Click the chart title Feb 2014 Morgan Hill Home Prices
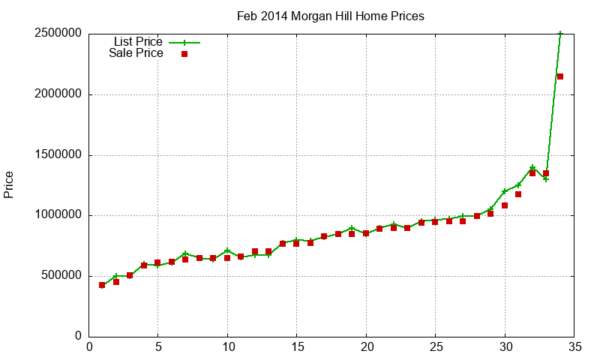point(330,16)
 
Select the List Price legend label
point(138,41)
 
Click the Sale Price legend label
point(136,53)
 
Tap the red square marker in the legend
point(184,54)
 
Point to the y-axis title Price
point(9,184)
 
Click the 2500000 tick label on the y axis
point(57,34)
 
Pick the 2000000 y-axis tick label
point(57,95)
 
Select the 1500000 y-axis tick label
point(57,155)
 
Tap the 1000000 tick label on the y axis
point(57,216)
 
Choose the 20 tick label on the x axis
point(366,347)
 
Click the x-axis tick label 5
point(157,347)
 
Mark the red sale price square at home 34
point(560,76)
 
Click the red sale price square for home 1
point(102,285)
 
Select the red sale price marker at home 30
point(505,205)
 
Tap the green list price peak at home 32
point(532,168)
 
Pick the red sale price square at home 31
point(518,194)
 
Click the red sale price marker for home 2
point(116,282)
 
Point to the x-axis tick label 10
point(227,347)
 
